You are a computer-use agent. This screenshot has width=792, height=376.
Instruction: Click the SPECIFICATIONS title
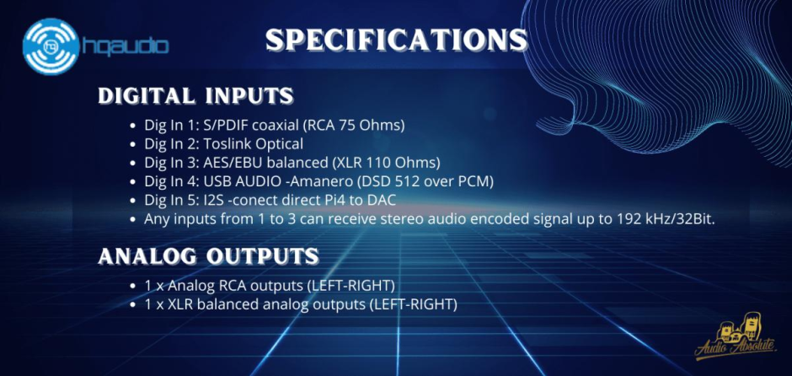[396, 40]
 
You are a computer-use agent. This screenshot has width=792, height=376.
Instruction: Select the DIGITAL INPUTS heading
[195, 96]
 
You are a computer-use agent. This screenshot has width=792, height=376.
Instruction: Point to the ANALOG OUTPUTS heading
[208, 255]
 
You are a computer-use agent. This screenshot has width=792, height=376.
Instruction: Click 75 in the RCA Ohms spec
[354, 125]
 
